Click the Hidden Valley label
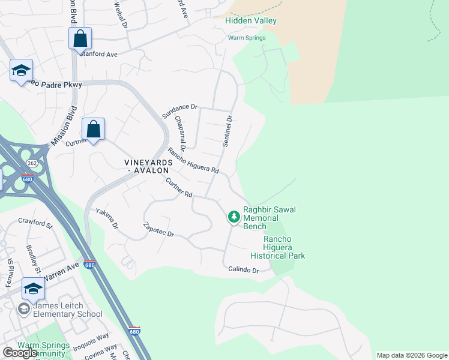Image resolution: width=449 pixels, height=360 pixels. point(250,20)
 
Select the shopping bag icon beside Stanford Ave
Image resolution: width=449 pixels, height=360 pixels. point(80,39)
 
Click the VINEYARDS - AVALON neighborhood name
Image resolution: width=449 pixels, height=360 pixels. point(148,167)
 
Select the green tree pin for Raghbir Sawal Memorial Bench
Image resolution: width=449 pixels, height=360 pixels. point(234,217)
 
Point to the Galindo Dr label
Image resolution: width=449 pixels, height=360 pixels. point(243,270)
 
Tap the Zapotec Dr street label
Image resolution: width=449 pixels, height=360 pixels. point(158,230)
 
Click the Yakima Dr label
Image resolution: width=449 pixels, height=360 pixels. point(107,219)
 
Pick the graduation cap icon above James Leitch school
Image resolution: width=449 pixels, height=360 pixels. point(33,288)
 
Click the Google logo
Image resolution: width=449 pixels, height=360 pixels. point(20,352)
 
